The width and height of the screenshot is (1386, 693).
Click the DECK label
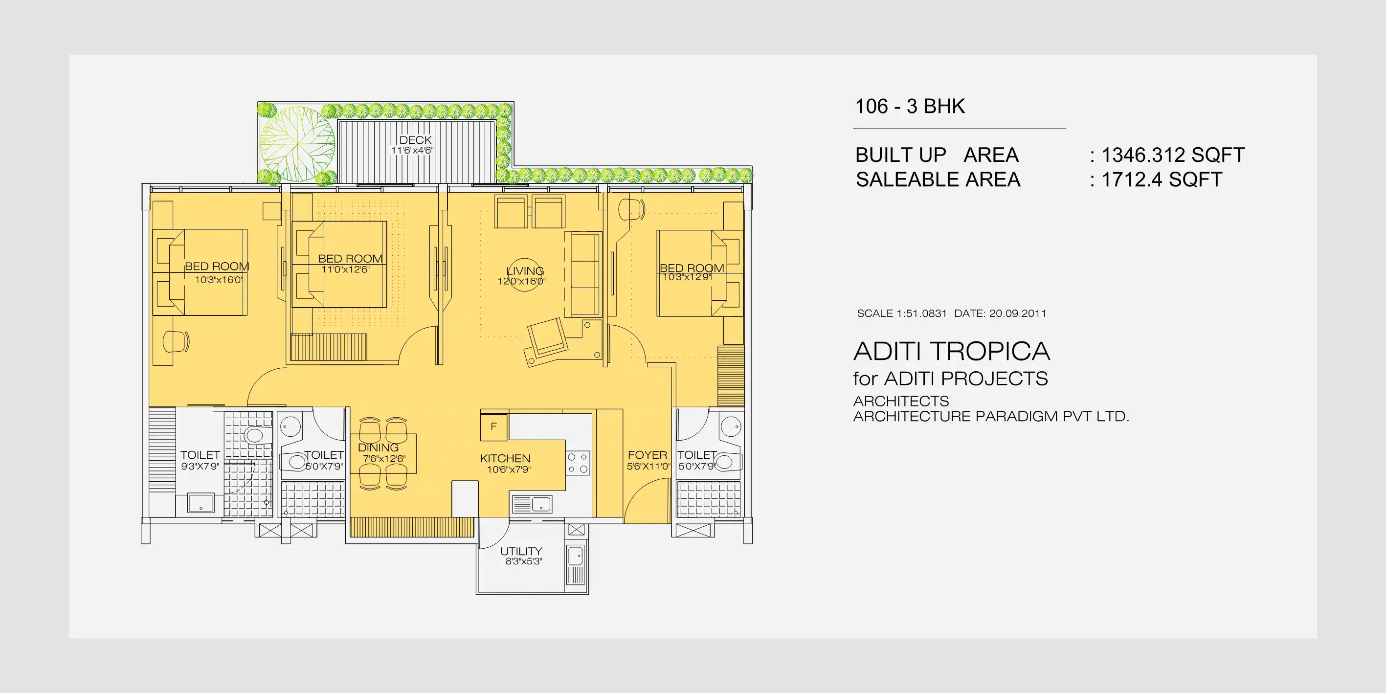[415, 140]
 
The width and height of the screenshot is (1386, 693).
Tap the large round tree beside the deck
[297, 144]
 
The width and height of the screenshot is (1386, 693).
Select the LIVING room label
[525, 270]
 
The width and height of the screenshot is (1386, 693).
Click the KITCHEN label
[505, 458]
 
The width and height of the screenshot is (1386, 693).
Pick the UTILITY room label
[521, 551]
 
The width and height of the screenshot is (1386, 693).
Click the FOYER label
[647, 455]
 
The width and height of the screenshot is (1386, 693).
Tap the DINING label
[378, 447]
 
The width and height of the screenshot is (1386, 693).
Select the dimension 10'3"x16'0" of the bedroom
[219, 280]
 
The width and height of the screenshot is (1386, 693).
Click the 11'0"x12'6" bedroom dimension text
[345, 269]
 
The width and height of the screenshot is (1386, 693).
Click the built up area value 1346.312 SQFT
[1173, 155]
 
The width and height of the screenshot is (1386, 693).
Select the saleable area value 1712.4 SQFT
[1162, 179]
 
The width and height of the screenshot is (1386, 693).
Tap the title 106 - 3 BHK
[910, 106]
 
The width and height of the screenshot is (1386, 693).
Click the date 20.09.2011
[1017, 313]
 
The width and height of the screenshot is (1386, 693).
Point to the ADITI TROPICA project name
[951, 351]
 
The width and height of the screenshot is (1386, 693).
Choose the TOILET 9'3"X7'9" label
[200, 460]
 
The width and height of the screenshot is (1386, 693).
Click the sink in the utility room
[575, 555]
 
